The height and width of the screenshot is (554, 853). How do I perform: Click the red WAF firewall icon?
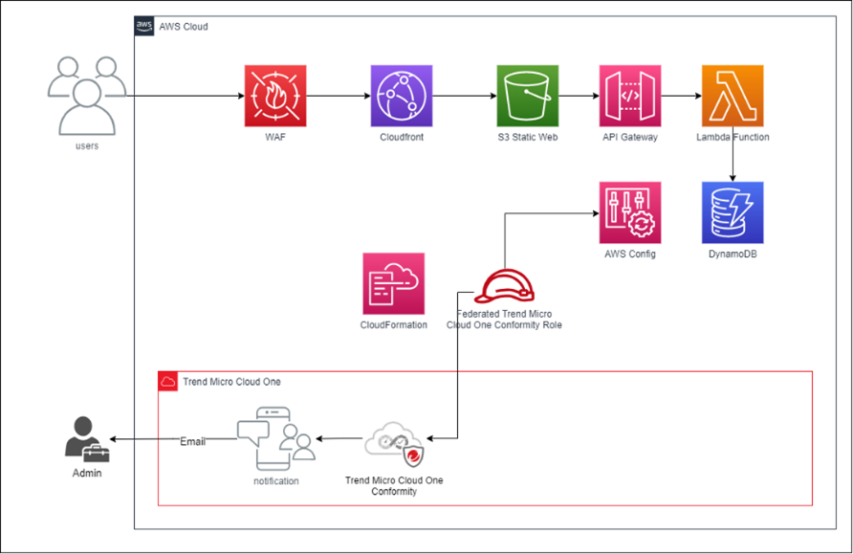point(275,97)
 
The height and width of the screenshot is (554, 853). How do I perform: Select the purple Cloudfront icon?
point(401,97)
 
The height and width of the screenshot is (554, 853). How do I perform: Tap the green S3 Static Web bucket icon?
point(527,97)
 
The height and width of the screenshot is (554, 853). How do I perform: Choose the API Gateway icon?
point(630,97)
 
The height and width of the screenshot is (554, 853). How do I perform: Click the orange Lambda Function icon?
point(733,97)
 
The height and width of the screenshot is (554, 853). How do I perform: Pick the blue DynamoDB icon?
point(733,212)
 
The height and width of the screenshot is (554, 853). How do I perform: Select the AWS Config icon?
point(630,212)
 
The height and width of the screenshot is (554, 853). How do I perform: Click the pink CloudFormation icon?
point(393,283)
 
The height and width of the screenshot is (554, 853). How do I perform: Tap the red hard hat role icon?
point(504,285)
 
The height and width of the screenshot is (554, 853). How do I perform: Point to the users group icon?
point(87,96)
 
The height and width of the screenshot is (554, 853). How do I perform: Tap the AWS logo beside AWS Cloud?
point(144,26)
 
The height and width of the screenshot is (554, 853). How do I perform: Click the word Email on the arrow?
point(193,441)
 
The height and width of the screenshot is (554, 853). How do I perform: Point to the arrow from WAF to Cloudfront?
point(338,97)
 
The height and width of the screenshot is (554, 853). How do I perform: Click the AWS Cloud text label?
point(184,27)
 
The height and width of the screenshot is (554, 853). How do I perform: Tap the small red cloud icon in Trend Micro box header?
point(168,382)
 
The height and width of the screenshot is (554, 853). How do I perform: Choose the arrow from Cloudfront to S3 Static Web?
point(464,97)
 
